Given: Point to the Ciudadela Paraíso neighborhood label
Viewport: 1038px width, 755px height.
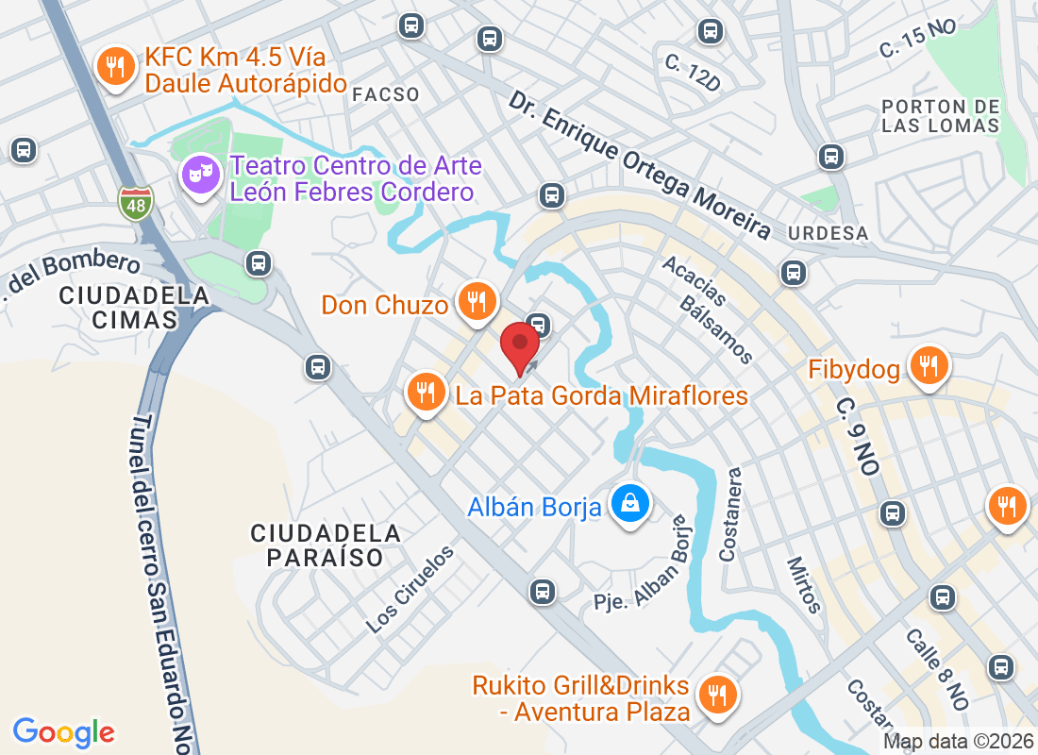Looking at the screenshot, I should point(326,545).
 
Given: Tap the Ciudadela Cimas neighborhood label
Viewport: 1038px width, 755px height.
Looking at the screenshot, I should point(134,308).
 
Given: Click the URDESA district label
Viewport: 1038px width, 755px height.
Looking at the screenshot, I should point(829,233).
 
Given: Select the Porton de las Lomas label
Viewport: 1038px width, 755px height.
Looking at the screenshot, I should point(941,115).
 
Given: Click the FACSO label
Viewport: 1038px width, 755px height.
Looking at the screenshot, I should point(385,94).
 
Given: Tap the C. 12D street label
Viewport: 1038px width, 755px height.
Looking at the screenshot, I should point(692,75).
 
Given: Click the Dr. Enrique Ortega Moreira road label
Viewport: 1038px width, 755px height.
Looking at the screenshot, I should point(639,165).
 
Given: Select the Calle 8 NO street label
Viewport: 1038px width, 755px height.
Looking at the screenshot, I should point(937,669).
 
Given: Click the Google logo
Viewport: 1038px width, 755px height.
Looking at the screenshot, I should point(64,732).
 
